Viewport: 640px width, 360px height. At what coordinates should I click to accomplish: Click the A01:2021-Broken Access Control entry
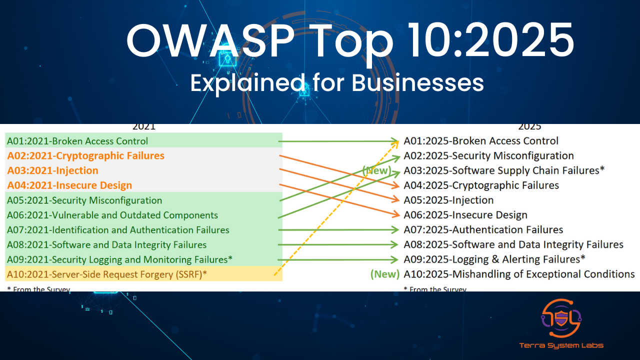77,141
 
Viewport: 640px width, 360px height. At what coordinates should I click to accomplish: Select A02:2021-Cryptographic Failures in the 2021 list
85,156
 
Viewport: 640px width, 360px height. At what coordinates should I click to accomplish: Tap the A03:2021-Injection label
52,170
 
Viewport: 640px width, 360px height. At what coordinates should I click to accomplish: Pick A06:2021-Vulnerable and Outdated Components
112,215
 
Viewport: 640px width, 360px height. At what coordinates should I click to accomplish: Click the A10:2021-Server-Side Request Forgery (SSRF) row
107,274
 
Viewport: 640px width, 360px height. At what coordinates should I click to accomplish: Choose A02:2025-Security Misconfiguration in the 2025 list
488,156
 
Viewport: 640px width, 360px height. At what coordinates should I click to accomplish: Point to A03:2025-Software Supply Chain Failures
504,170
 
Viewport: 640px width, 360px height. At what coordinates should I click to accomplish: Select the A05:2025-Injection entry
448,200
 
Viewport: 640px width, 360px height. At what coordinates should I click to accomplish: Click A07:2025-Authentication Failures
483,230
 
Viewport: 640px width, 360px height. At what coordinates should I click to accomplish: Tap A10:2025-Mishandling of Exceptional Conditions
519,274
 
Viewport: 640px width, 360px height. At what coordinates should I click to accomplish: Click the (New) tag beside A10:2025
385,274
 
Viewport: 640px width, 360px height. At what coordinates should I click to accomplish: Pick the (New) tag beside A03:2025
376,170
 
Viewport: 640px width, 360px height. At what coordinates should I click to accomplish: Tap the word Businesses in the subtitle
418,83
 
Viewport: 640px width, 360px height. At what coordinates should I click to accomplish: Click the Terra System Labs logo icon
561,318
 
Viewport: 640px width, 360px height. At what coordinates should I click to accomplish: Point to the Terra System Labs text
560,345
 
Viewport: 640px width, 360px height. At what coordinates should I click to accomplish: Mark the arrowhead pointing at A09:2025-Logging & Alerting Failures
396,259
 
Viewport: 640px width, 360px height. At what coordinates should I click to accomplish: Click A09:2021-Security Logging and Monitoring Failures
119,259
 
